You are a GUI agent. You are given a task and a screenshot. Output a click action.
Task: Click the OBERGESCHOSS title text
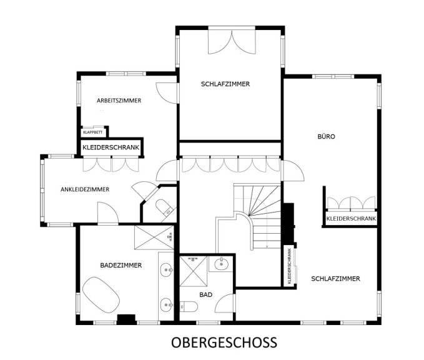[x=224, y=342]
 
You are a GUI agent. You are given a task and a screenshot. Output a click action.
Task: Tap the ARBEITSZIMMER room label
[x=119, y=101]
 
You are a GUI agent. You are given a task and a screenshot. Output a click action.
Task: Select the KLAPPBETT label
[x=93, y=132]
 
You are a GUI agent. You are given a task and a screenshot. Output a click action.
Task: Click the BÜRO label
[x=326, y=136]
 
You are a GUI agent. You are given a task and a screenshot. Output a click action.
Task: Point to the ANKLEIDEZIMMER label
[x=85, y=189]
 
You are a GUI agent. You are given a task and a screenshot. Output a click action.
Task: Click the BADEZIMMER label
[x=121, y=265]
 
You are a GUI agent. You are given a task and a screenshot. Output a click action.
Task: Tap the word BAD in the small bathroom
[x=206, y=294]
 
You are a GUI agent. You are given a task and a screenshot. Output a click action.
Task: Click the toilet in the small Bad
[x=189, y=306]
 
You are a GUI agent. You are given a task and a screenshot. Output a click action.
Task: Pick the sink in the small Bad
[x=222, y=264]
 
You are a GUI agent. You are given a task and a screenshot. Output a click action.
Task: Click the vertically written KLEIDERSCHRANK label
[x=290, y=266]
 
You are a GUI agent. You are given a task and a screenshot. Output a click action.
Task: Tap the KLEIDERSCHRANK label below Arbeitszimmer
[x=111, y=147]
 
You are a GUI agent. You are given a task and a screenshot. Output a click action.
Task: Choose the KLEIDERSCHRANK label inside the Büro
[x=351, y=218]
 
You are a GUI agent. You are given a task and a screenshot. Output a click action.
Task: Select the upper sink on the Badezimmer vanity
[x=166, y=270]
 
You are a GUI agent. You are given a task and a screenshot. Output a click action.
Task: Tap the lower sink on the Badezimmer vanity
[x=166, y=305]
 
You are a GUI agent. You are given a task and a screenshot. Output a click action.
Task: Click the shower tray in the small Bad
[x=194, y=271]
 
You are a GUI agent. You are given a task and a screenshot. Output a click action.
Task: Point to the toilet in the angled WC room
[x=164, y=207]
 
